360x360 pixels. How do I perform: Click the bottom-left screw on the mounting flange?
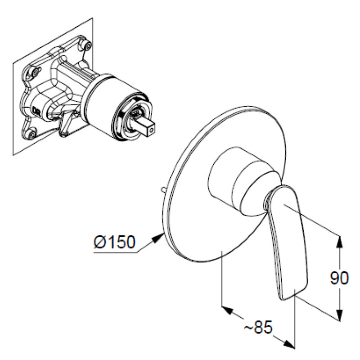click(x=31, y=132)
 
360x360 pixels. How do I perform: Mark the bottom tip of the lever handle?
click(x=288, y=297)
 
